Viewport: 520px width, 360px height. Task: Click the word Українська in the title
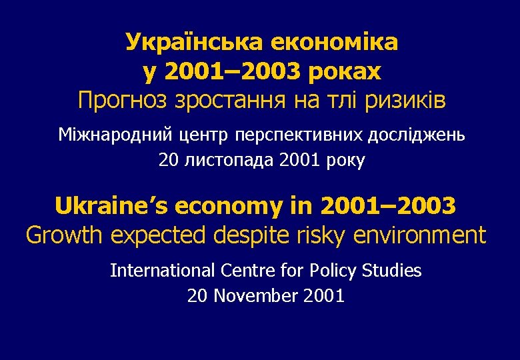click(x=195, y=43)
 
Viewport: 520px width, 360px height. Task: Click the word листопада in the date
click(x=225, y=161)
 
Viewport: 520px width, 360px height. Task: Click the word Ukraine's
click(x=111, y=206)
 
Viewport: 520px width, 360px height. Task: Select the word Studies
click(x=392, y=271)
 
